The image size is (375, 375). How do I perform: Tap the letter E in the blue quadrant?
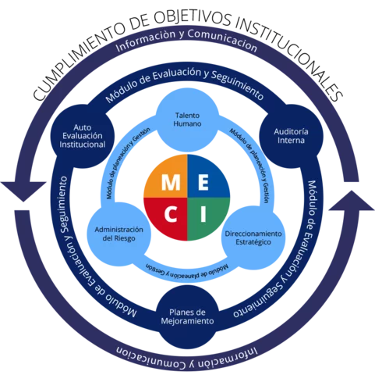pos(202,182)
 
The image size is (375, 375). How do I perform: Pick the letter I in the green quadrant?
pos(203,213)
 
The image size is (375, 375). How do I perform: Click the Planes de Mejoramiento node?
pos(186,316)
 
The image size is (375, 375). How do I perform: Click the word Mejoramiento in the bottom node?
pos(186,321)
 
